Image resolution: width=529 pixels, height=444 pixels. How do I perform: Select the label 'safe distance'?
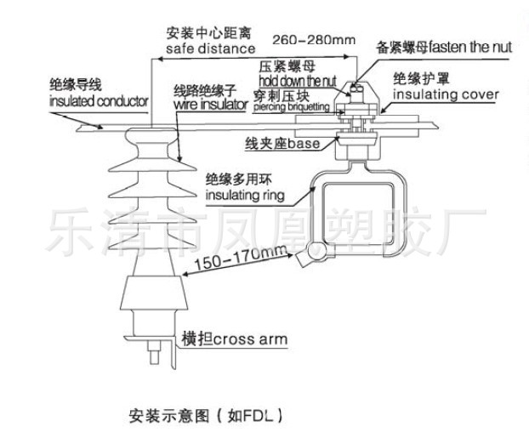point(198,48)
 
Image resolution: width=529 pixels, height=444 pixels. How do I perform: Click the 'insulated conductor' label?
point(98,100)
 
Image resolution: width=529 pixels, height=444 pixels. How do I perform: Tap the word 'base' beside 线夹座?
point(304,145)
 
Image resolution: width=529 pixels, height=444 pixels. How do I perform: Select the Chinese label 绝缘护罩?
point(416,78)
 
